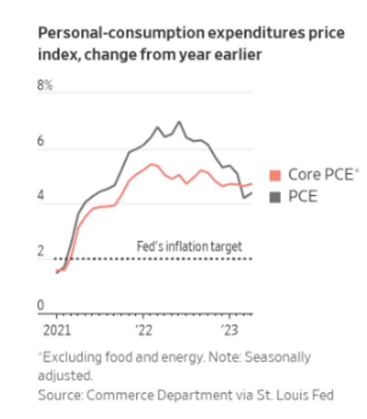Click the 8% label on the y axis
[x=45, y=85]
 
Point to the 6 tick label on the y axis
[x=41, y=141]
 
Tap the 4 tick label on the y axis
[x=41, y=196]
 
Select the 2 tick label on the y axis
[x=41, y=251]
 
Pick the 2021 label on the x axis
[x=57, y=331]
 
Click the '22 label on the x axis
[x=143, y=331]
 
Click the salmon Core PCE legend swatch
[x=275, y=175]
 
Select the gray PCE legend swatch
[x=275, y=197]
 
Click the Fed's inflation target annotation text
[x=189, y=247]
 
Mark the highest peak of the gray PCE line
[x=179, y=122]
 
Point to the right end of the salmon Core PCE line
[x=251, y=184]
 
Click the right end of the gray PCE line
[x=251, y=193]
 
